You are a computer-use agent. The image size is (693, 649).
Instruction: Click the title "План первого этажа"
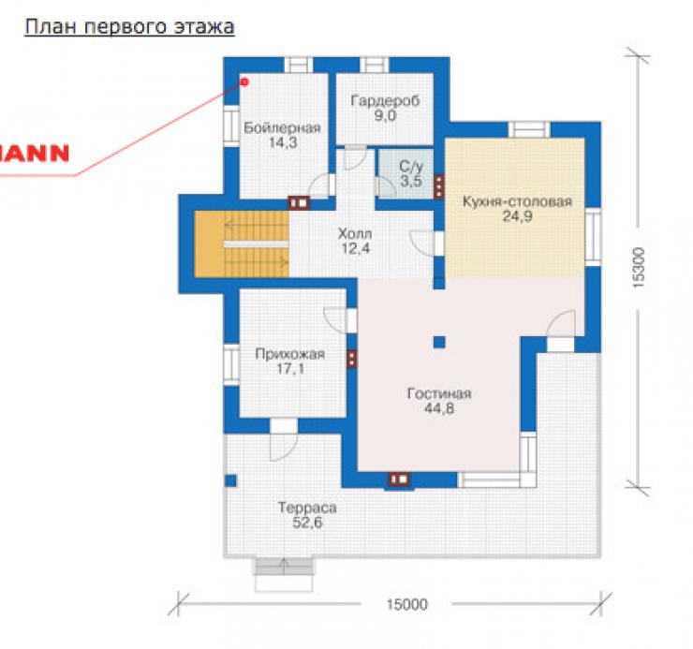[129, 26]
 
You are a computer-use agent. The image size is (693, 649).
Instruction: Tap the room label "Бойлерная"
[282, 127]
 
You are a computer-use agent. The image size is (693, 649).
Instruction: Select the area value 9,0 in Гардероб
[385, 116]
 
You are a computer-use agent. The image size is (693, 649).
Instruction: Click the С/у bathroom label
[411, 166]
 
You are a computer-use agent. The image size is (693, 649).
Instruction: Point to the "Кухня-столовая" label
[517, 201]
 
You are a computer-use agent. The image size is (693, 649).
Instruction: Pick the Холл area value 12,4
[355, 248]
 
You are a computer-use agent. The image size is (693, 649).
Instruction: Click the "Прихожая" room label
[290, 354]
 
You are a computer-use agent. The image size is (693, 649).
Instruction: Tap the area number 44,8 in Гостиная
[439, 408]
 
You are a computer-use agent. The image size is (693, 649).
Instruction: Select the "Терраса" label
[307, 508]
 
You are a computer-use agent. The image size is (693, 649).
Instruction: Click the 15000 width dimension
[407, 604]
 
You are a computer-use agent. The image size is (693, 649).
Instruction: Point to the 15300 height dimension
[639, 268]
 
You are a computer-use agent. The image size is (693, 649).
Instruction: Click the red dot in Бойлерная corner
[244, 81]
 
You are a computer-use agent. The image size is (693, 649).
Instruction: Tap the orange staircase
[242, 244]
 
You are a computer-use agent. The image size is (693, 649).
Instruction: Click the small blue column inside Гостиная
[439, 342]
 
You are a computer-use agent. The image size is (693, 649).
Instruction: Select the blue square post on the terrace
[230, 480]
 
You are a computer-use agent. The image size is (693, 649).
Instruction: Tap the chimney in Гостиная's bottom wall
[400, 479]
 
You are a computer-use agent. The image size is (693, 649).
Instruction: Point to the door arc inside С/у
[386, 186]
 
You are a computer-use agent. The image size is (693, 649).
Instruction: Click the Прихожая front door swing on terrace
[284, 448]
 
